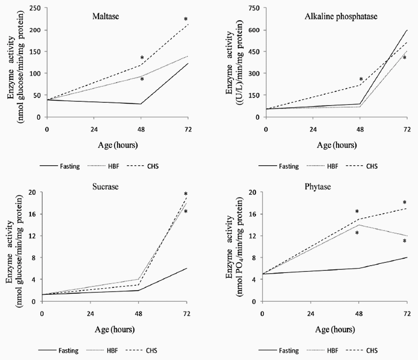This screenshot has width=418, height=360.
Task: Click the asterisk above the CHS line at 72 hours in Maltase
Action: pyautogui.click(x=186, y=20)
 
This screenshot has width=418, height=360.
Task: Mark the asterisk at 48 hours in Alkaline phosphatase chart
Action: pyautogui.click(x=361, y=80)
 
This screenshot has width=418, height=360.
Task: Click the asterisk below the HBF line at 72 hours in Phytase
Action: pyautogui.click(x=404, y=242)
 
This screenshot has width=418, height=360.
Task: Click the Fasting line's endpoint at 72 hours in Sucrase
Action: pyautogui.click(x=187, y=268)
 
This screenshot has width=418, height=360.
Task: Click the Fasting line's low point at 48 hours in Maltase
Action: pyautogui.click(x=140, y=104)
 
